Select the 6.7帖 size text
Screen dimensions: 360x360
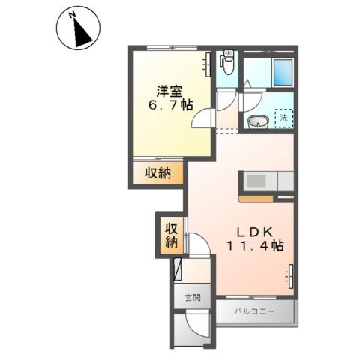[x=169, y=106]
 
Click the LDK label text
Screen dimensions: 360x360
[x=255, y=229]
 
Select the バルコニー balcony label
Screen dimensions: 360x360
[x=253, y=310]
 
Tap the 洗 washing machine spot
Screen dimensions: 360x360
[x=283, y=118]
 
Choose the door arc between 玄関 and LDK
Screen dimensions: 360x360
[x=196, y=244]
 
